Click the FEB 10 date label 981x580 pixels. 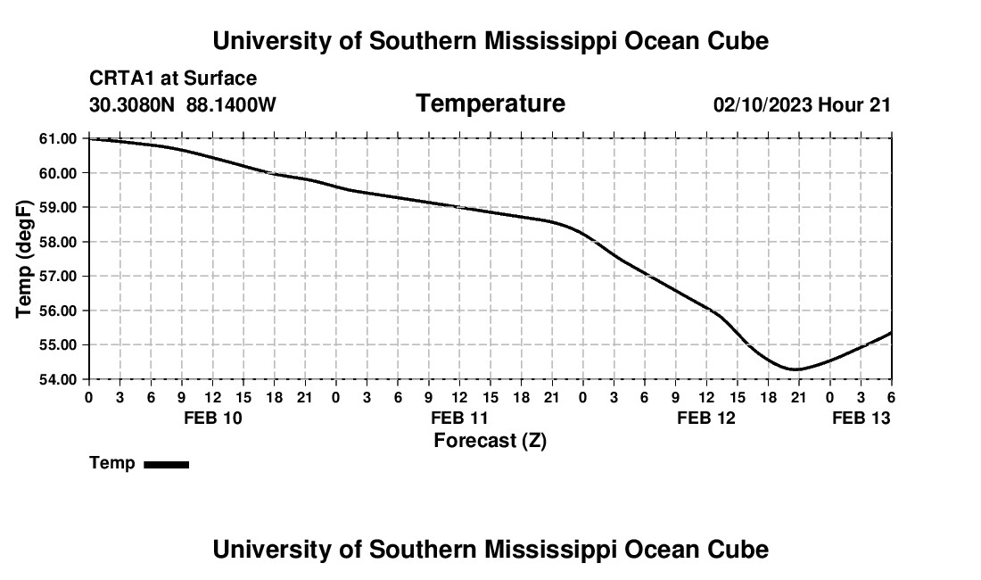pos(212,418)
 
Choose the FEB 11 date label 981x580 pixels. pos(459,418)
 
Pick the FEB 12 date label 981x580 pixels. pos(706,418)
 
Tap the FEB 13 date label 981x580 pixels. pos(861,418)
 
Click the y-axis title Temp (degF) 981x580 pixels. pos(25,259)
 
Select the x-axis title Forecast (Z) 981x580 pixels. pos(490,441)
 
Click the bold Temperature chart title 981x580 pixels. pos(490,104)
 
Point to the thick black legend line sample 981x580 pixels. pos(166,464)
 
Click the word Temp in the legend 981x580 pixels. pos(112,464)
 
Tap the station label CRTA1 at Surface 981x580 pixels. pos(173,79)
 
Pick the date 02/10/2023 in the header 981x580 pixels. pos(763,104)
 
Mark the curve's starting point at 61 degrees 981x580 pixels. pos(89,138)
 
